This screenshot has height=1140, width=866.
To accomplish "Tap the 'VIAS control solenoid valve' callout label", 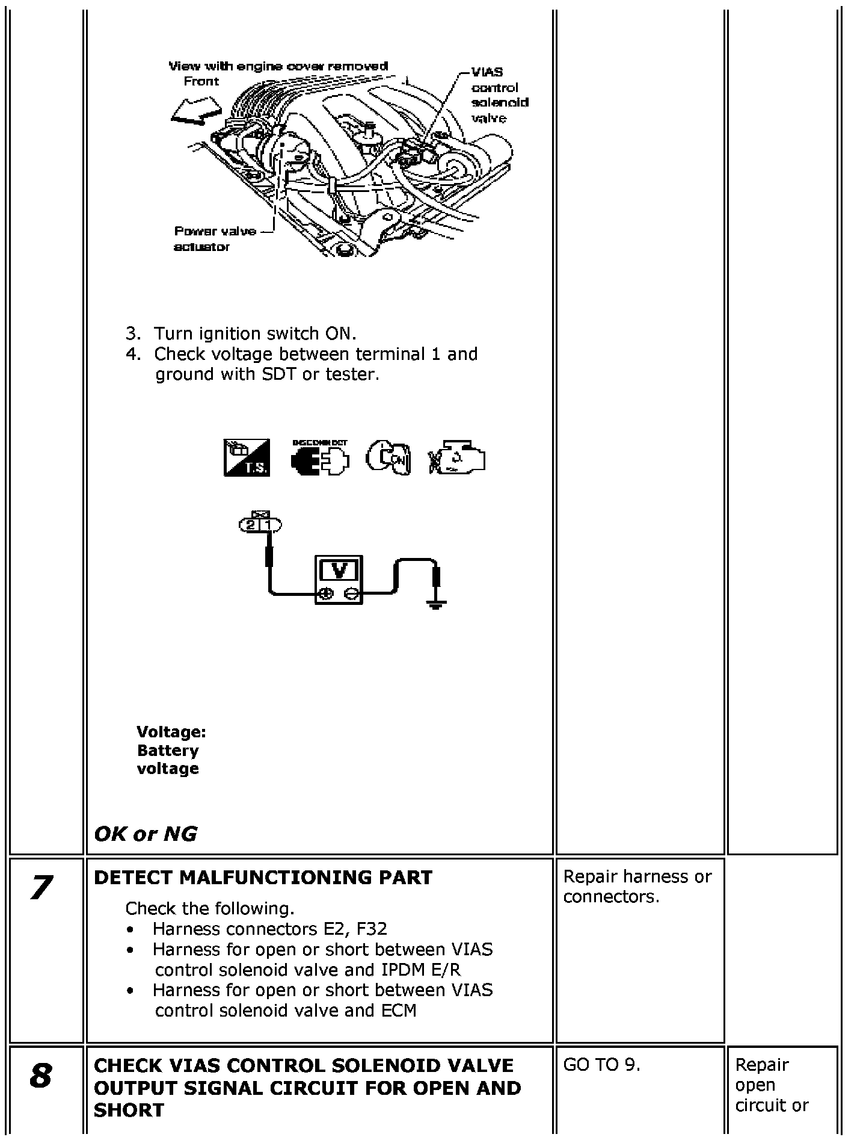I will (499, 95).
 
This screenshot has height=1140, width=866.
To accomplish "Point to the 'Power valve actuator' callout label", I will (215, 239).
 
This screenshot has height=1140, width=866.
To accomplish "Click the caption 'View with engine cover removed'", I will (278, 66).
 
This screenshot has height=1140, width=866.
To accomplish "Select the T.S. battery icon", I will (247, 458).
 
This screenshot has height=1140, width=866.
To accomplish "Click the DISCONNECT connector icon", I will (320, 458).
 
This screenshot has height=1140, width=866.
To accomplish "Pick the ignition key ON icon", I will (388, 458).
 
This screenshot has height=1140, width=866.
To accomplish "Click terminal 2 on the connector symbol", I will (250, 525).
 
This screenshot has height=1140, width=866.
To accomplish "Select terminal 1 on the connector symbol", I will (269, 525).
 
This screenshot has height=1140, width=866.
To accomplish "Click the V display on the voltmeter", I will (339, 569).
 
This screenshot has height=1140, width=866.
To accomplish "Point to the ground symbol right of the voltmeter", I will (437, 603).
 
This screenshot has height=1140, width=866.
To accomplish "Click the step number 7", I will (41, 888).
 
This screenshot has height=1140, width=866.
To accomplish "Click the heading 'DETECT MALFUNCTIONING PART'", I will (263, 878).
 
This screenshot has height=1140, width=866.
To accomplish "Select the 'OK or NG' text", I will (146, 834).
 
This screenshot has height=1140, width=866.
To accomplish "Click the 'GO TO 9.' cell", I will (602, 1065).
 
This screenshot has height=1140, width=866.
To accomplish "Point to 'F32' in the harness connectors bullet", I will (372, 929).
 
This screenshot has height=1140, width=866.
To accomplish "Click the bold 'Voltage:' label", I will (171, 732).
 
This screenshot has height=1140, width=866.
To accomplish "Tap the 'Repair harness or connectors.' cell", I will (637, 887).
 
